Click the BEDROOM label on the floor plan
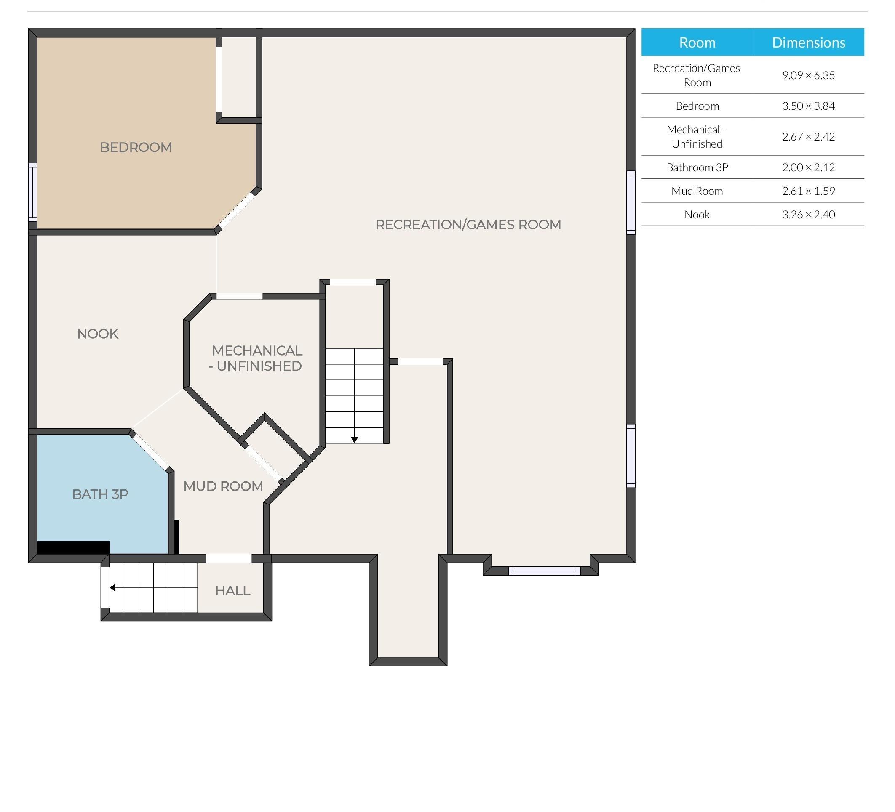coord(136,147)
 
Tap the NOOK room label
coord(98,334)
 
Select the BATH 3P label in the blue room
coord(100,494)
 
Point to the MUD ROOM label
coord(223,486)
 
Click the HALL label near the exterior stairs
coord(232,590)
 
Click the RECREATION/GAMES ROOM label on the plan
coord(468,224)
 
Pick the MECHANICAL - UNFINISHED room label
coord(256,358)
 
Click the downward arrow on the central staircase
coord(354,440)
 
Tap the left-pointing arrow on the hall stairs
coord(113,588)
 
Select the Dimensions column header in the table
coord(808,42)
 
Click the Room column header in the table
coord(697,42)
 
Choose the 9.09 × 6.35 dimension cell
coord(808,75)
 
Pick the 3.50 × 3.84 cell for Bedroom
coord(808,106)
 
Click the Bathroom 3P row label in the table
coord(697,167)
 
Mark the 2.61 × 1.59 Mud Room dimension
coord(808,191)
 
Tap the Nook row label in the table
coord(697,215)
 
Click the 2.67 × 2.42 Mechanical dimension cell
coord(808,137)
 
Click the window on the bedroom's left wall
coord(33,192)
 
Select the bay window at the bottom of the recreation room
coord(544,571)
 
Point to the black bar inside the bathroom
coord(73,548)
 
